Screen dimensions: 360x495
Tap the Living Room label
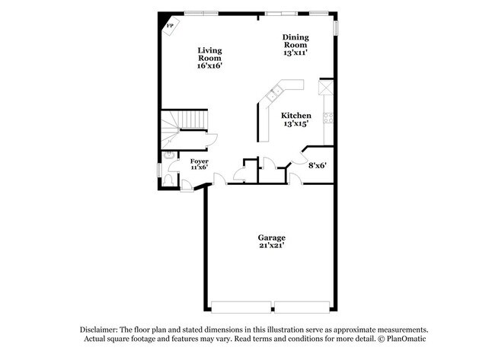point(209,54)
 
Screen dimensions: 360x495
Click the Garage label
point(272,237)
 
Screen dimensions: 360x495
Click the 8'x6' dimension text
point(317,164)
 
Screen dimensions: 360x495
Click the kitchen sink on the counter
point(273,94)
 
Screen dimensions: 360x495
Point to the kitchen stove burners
point(328,117)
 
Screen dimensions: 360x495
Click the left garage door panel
point(241,307)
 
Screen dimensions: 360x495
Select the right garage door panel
point(303,307)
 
